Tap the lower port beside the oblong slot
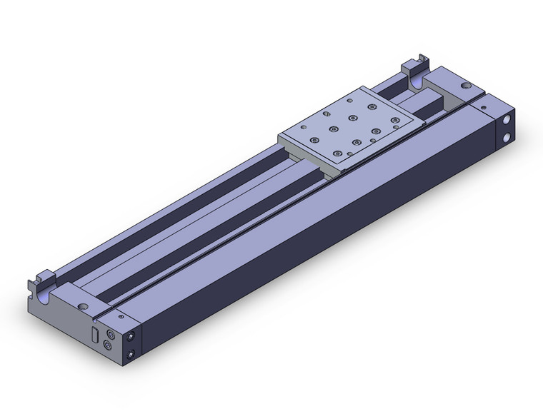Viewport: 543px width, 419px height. (x=108, y=345)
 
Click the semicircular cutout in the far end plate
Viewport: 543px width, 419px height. (x=418, y=84)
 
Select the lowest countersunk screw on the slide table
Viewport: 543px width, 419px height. (x=336, y=155)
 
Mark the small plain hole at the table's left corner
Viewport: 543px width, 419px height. (x=294, y=136)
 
